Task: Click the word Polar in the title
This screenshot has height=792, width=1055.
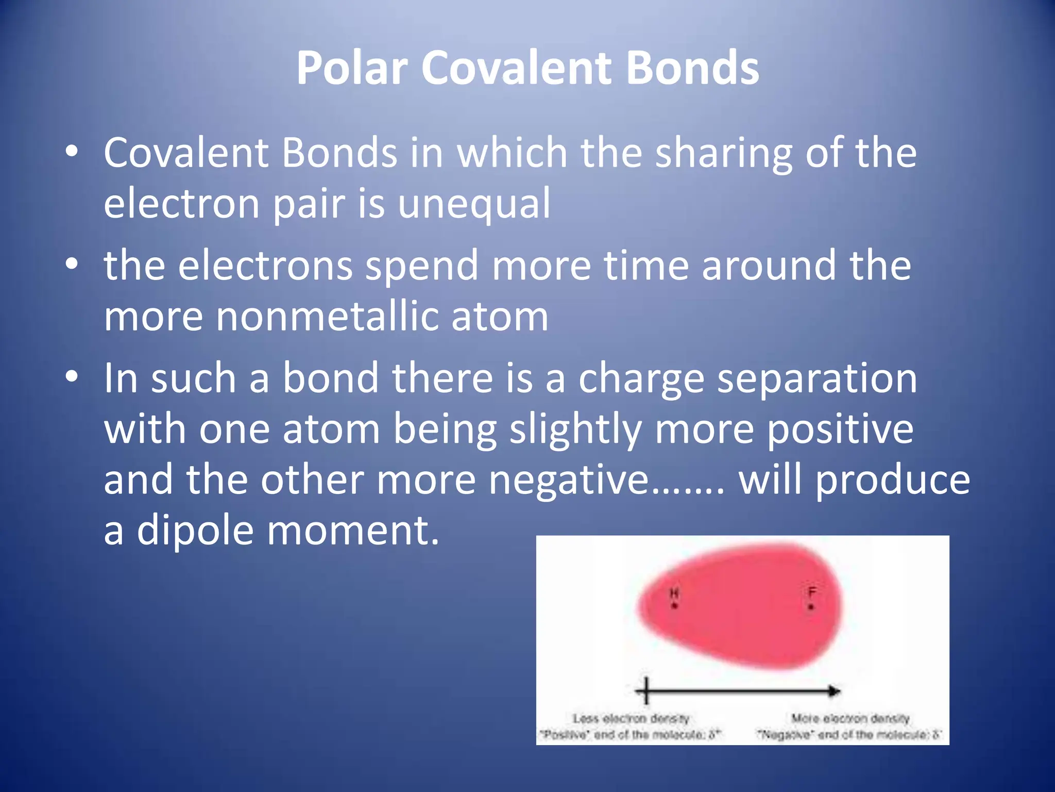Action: (352, 68)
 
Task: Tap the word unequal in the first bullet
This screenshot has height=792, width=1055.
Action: (474, 204)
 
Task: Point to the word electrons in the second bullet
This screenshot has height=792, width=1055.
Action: (265, 266)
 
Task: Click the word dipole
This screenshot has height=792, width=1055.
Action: (195, 531)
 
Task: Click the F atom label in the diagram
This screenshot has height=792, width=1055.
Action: (812, 592)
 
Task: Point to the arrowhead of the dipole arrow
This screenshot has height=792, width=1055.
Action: (835, 691)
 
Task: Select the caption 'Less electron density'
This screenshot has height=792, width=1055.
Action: (631, 718)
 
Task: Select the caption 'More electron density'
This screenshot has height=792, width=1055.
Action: (850, 718)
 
